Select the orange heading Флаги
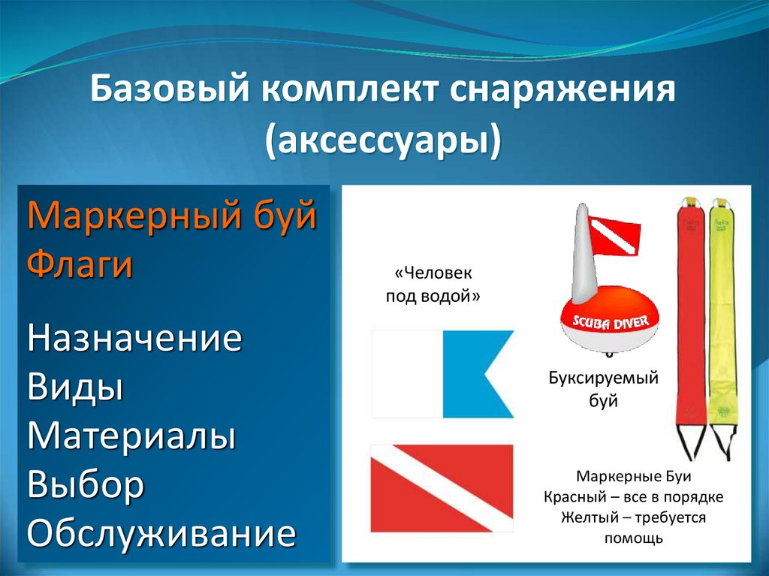80,263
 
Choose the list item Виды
75,387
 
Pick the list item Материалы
131,435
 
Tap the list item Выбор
86,484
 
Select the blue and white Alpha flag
442,374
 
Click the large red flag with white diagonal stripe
442,489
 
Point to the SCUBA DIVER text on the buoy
611,322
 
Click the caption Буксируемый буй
603,390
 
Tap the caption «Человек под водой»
433,285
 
